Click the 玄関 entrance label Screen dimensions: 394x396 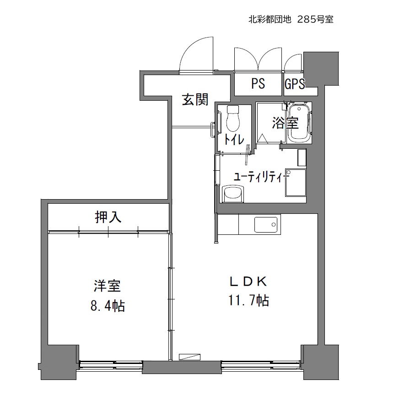195,99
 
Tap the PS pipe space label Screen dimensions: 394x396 258,83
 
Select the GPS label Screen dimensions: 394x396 295,84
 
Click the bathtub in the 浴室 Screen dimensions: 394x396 299,123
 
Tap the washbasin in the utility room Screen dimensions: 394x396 233,194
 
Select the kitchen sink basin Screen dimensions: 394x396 266,224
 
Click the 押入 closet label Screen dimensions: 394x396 108,217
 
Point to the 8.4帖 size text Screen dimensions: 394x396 108,306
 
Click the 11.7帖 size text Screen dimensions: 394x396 248,300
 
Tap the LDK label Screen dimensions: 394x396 248,282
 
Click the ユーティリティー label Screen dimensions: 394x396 261,177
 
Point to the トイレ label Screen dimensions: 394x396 234,139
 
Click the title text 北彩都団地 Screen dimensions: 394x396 270,19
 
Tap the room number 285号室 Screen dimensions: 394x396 315,19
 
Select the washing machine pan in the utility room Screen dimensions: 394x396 296,183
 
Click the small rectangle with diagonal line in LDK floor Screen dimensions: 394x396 189,357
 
